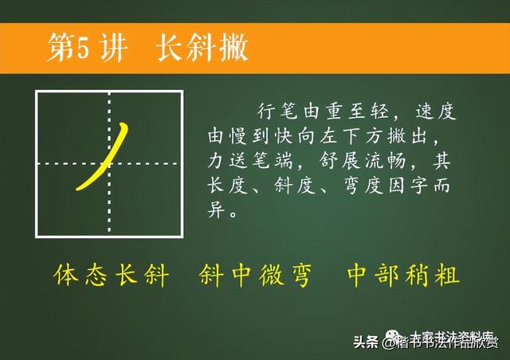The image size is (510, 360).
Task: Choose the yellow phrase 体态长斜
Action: coord(112,276)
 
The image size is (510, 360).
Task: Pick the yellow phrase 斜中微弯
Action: coord(254,276)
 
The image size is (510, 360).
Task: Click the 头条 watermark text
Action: coord(366,342)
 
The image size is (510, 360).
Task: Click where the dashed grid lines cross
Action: coord(109,164)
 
